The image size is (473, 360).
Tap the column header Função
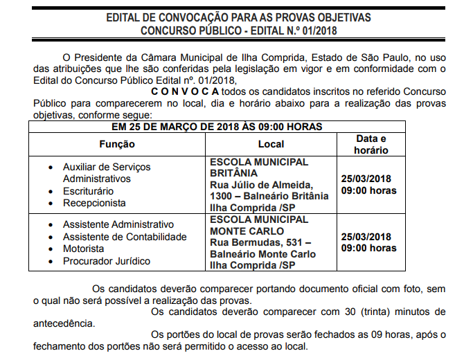[x=116, y=145]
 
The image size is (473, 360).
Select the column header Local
[x=271, y=145]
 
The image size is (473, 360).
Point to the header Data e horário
[x=371, y=144]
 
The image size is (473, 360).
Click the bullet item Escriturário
[x=89, y=191]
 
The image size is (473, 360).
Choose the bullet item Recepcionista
[x=94, y=204]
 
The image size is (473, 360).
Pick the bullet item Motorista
[x=83, y=249]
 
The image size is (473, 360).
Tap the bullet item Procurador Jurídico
[x=106, y=261]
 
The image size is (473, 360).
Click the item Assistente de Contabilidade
[x=125, y=237]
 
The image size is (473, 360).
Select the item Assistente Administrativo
[x=118, y=225]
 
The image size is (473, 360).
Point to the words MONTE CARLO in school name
[x=247, y=231]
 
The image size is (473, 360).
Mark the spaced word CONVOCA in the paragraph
[x=185, y=92]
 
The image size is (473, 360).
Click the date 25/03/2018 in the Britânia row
[x=366, y=178]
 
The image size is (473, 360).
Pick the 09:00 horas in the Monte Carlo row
[x=368, y=248]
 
